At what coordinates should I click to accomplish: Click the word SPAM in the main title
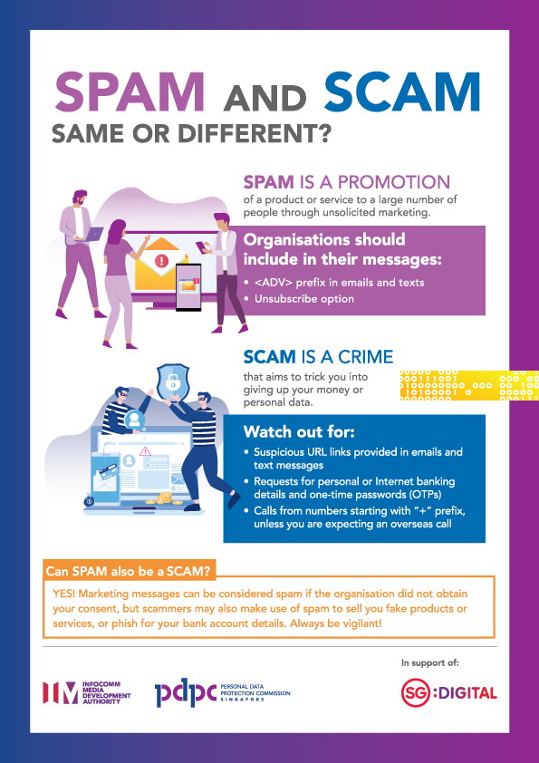coord(131,94)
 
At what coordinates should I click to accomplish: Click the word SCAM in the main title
coord(402,94)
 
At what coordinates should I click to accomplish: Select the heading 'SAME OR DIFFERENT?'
coord(191,134)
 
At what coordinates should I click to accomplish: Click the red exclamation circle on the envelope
coord(162,261)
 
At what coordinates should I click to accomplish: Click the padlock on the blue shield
coord(172,381)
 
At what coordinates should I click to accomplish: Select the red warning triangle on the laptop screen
coord(144,450)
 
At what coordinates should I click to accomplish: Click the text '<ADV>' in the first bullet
coord(274,282)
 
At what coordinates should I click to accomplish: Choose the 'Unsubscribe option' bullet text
coord(304,298)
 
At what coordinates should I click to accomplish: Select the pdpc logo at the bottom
coord(185,692)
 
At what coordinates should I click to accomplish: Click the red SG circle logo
coord(418,693)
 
